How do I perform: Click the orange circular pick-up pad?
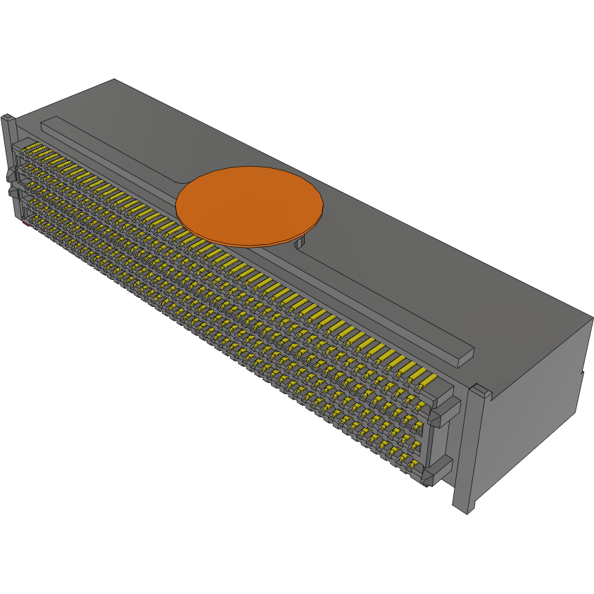point(249,204)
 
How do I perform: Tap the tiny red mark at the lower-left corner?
point(25,225)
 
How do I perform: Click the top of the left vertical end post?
point(8,118)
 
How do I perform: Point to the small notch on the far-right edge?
point(583,374)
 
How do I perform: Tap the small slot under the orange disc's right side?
point(299,243)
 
